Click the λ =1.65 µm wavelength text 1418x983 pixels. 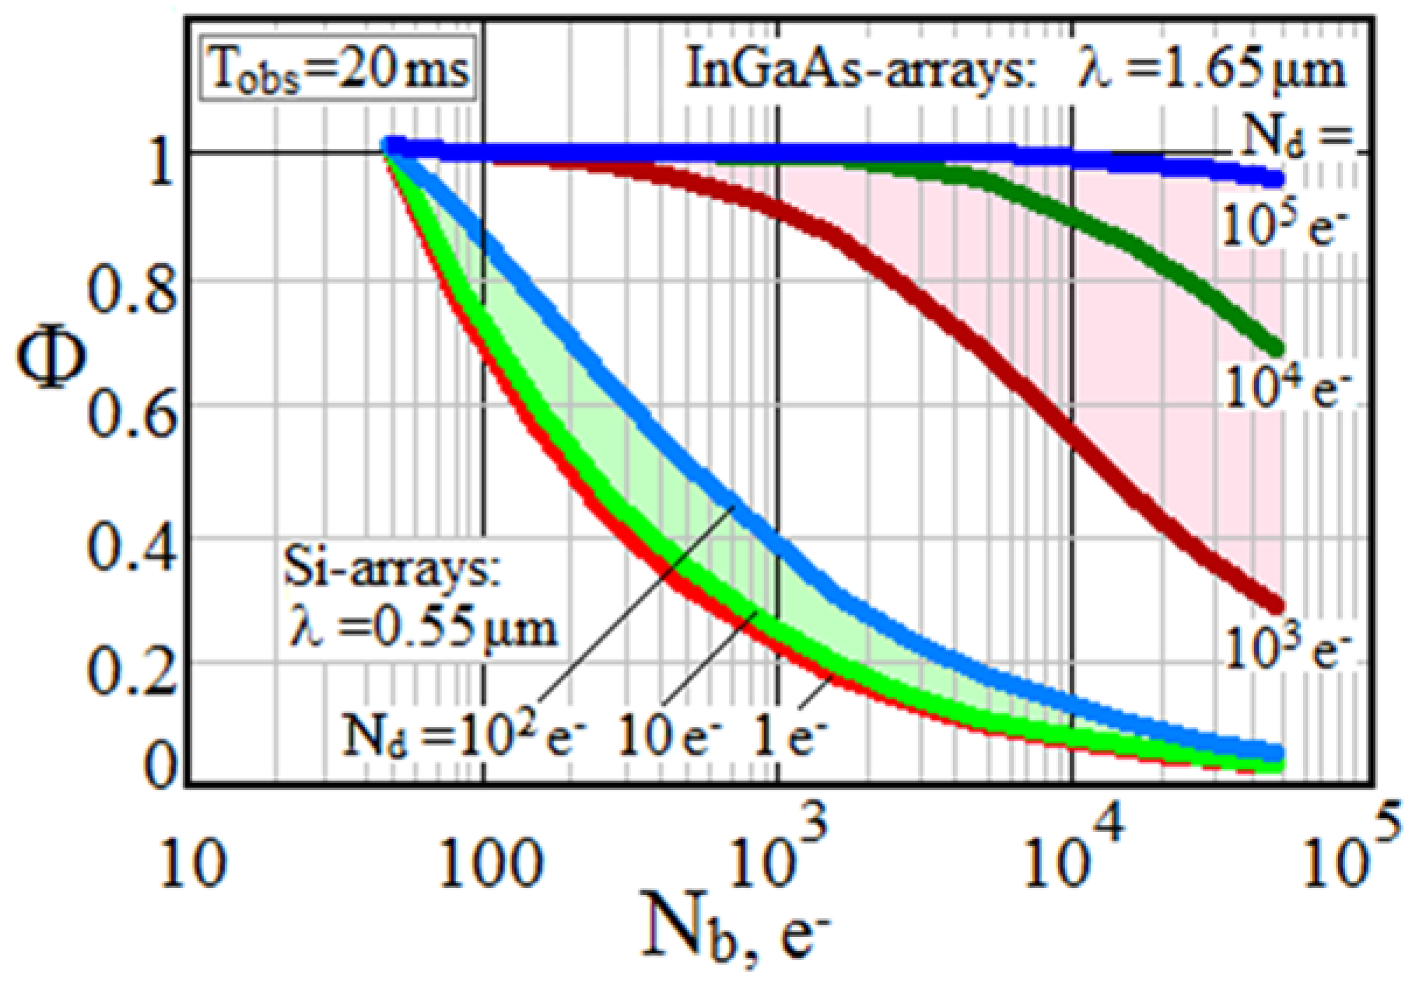(x=1210, y=69)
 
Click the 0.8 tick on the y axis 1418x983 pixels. (x=131, y=289)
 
